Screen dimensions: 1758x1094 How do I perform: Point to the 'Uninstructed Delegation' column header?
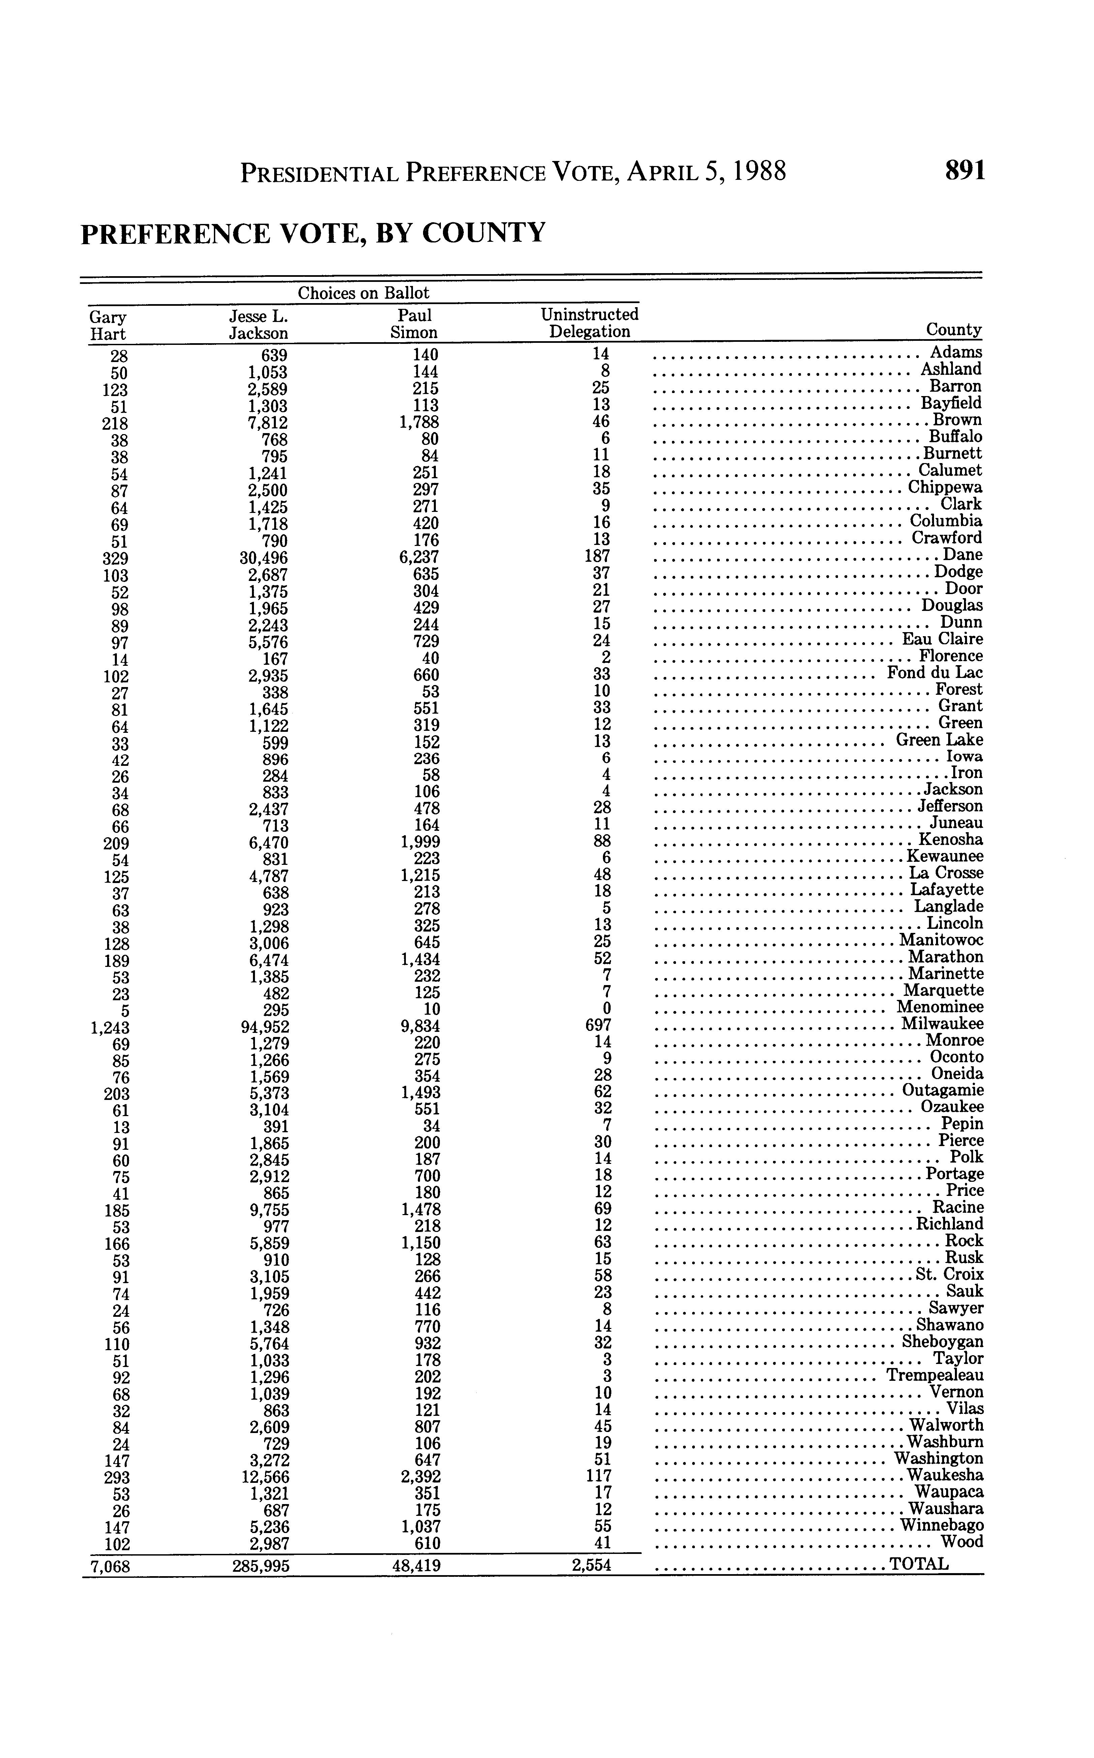point(590,323)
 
